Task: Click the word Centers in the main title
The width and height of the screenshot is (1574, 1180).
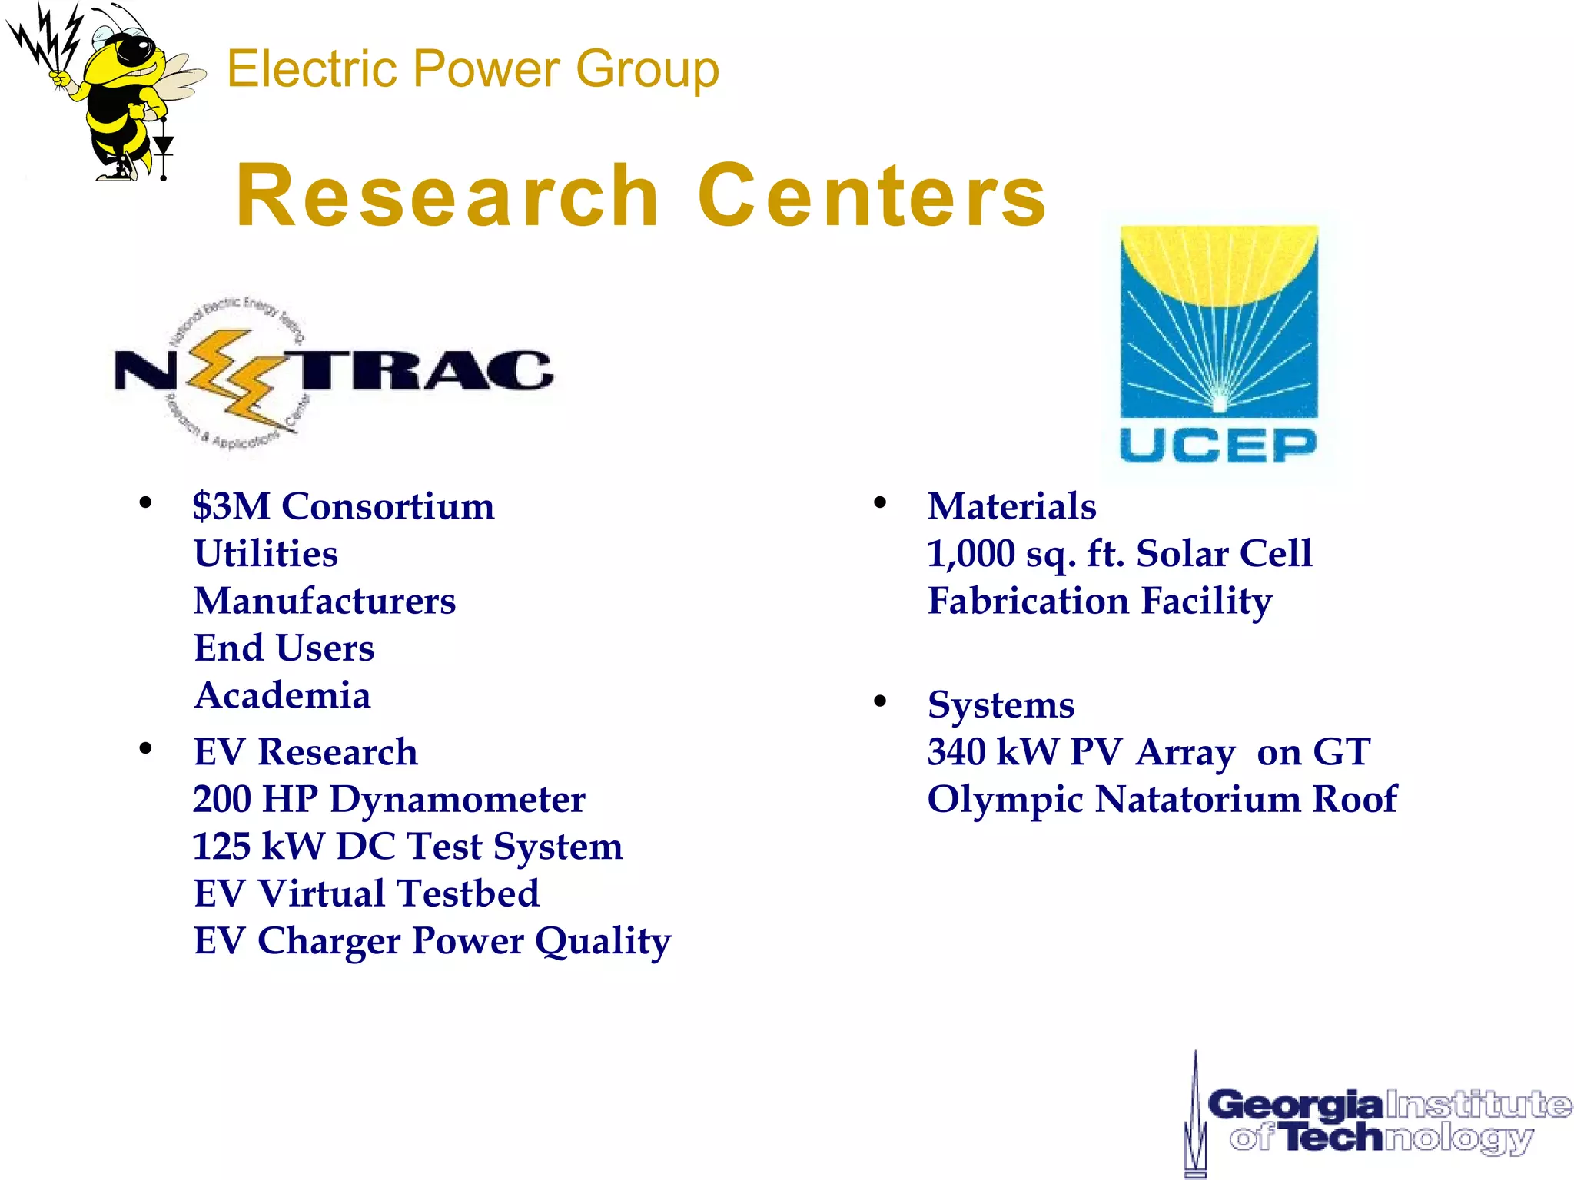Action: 872,197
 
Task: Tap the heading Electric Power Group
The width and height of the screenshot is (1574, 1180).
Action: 473,69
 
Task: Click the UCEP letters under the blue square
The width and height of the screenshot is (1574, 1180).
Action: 1218,446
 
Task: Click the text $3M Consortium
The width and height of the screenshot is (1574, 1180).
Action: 344,507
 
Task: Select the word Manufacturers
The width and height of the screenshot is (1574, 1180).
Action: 324,602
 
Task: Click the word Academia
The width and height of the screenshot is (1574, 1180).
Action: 282,696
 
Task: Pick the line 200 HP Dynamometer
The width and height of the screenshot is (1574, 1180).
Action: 389,800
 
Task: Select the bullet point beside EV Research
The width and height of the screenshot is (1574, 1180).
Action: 145,748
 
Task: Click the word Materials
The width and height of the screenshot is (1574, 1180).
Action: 1011,507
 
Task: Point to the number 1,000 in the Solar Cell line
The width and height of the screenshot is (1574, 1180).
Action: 971,554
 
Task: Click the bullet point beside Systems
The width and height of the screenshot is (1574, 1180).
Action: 880,701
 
